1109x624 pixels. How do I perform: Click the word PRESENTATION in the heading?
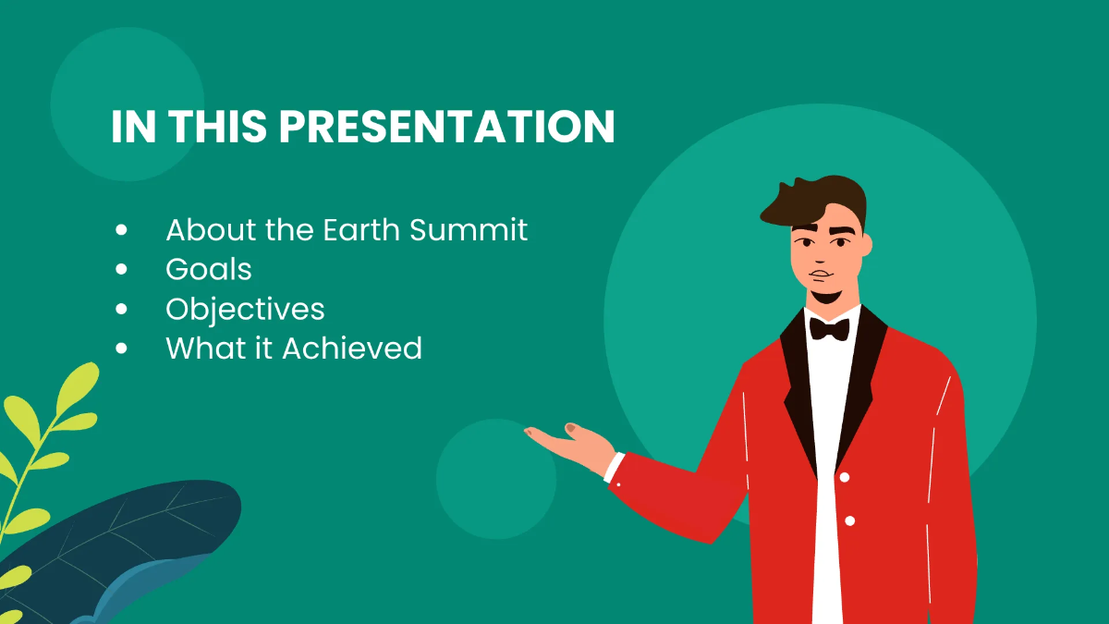447,127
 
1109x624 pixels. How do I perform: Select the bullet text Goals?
209,269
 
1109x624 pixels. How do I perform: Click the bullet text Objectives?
245,309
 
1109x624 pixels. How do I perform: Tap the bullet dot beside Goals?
122,269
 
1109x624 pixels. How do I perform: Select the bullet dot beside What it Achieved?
122,349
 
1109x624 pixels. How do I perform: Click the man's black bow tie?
829,328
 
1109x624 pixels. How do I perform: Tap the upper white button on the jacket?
844,477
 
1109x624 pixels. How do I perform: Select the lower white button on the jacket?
849,520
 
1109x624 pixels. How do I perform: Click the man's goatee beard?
824,297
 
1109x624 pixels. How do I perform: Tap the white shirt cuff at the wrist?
614,467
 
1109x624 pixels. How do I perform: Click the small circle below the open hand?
495,490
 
